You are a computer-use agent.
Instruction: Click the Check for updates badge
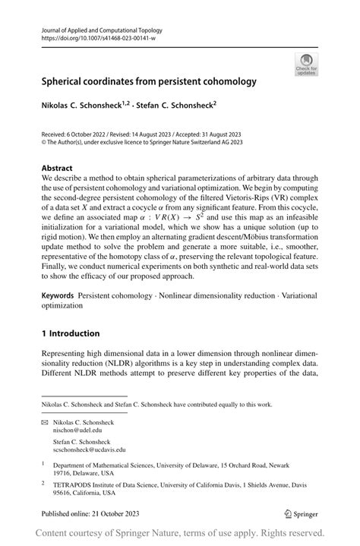(x=306, y=64)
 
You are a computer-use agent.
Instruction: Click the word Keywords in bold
(x=62, y=294)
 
